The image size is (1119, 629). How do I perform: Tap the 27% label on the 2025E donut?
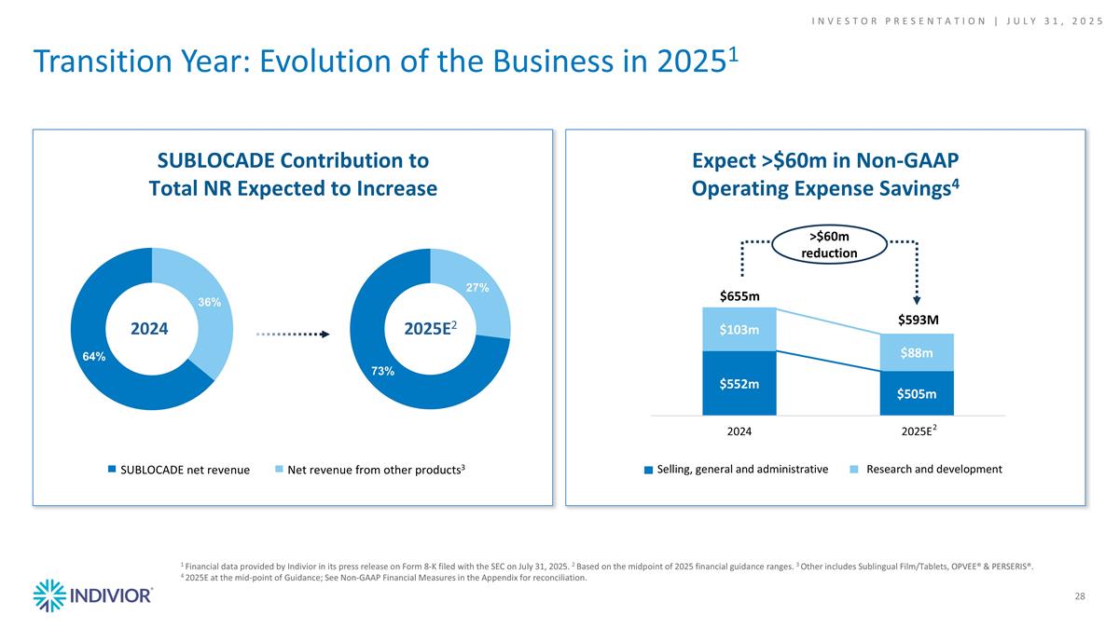(x=477, y=289)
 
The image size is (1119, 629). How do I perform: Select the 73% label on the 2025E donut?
(x=382, y=372)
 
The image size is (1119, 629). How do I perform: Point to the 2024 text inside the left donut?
(x=151, y=329)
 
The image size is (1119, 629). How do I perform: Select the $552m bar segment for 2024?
(x=739, y=383)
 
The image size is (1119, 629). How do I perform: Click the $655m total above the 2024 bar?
(x=739, y=295)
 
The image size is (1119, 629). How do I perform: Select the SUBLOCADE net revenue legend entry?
(x=179, y=470)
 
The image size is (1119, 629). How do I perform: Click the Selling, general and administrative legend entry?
(x=736, y=469)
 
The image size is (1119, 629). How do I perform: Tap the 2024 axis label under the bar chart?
(x=739, y=431)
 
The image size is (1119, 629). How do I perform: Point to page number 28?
(x=1079, y=595)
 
